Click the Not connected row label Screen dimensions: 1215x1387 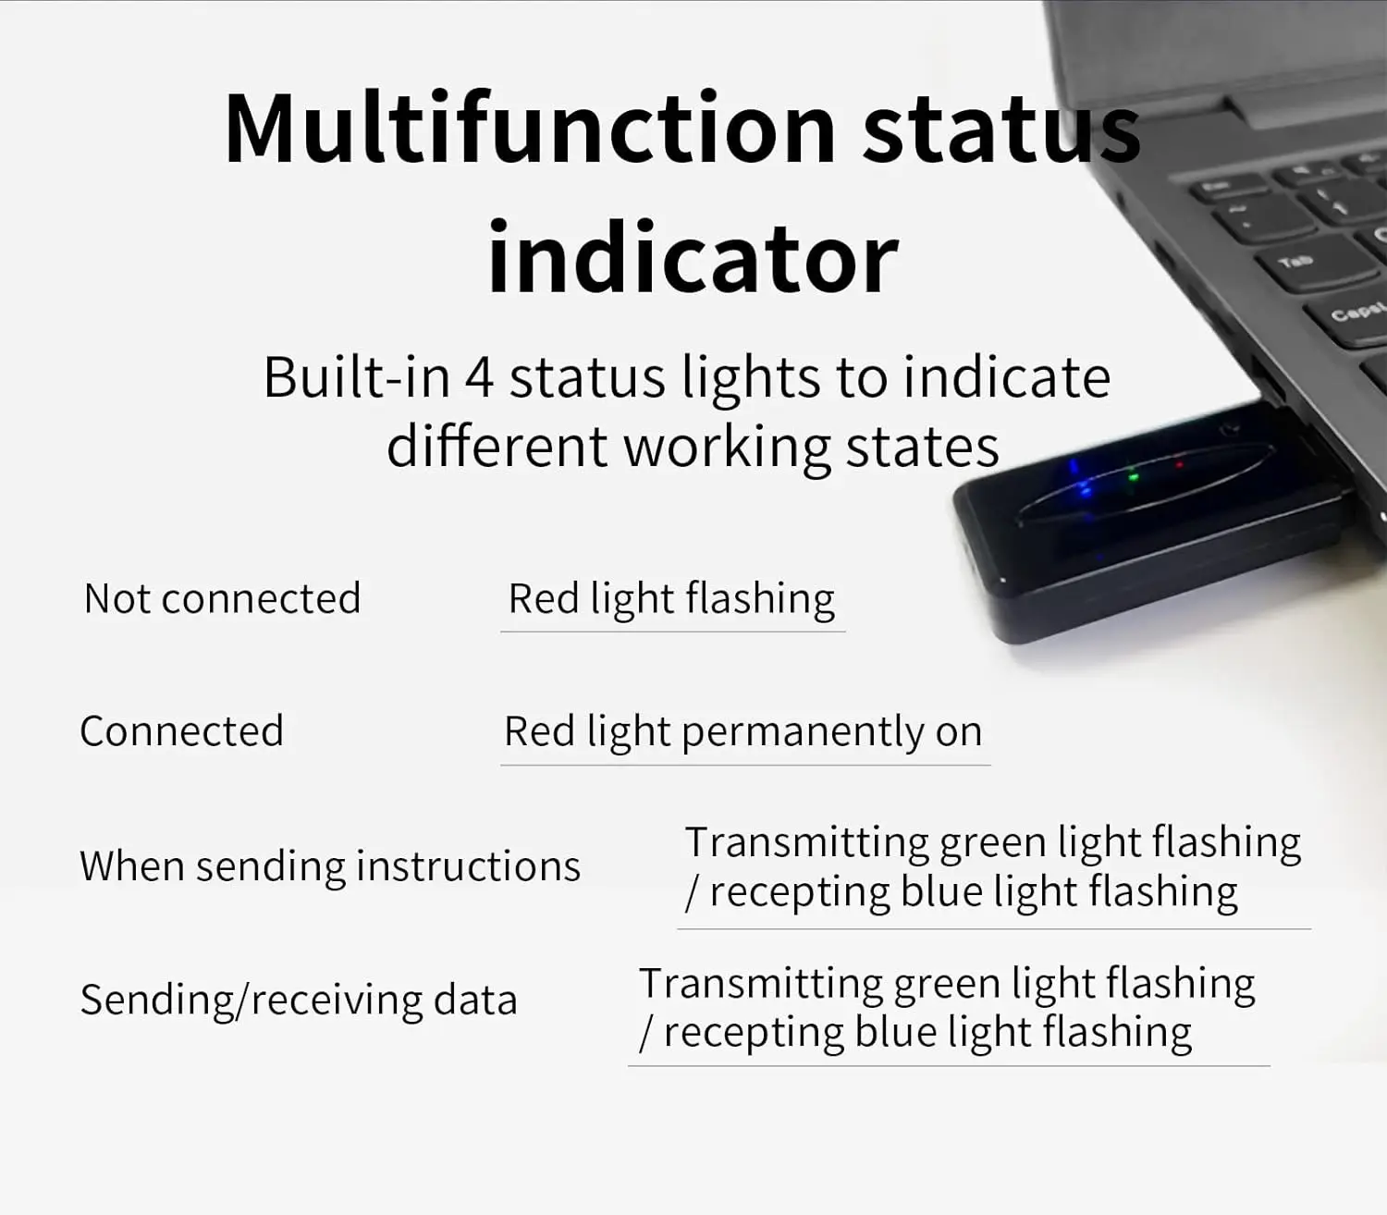click(222, 599)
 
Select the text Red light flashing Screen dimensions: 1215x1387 click(671, 599)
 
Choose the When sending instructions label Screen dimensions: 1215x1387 click(330, 866)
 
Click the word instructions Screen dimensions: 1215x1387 click(468, 866)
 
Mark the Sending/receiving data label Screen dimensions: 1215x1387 click(298, 1000)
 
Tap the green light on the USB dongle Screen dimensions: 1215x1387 click(1135, 477)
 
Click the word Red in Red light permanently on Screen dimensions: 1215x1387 click(539, 732)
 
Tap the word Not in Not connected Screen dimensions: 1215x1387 click(117, 599)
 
